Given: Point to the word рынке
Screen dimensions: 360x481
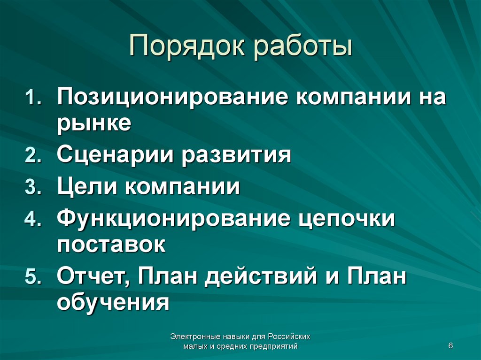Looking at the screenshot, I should pos(94,123).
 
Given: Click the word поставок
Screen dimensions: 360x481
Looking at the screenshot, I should pos(111,245).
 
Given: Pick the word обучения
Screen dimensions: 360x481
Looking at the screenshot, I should pos(113,302).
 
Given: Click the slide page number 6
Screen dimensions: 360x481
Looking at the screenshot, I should pos(450,346).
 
